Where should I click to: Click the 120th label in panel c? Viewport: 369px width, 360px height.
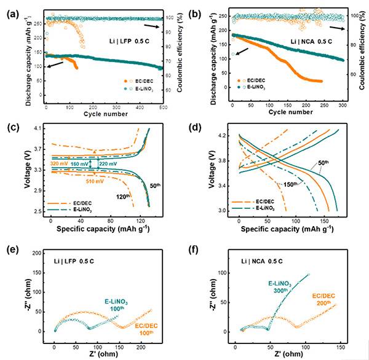123,197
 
